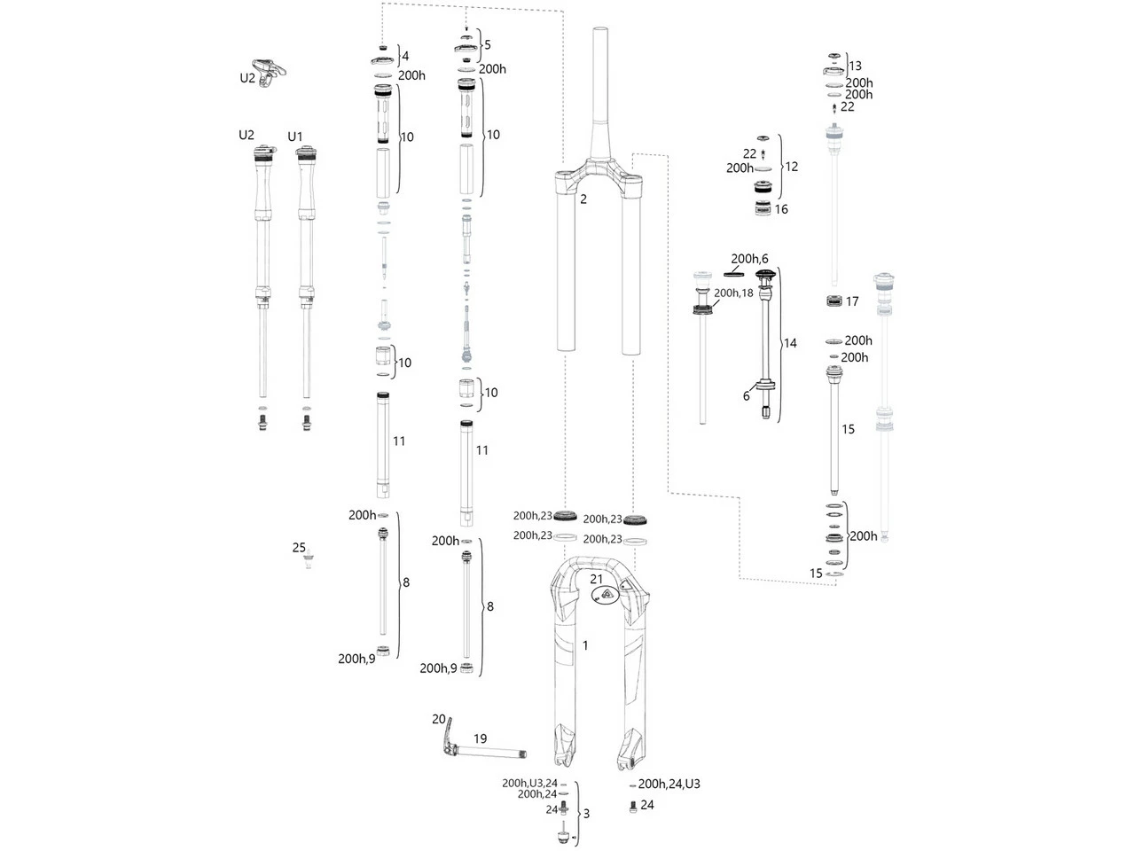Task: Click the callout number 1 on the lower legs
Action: point(585,645)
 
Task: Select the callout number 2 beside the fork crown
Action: point(583,199)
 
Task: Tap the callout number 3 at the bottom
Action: point(586,813)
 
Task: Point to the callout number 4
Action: point(404,56)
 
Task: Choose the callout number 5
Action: point(487,44)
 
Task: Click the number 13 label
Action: point(855,66)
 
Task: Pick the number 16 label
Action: point(781,210)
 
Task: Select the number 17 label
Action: point(852,301)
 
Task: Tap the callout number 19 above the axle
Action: point(480,738)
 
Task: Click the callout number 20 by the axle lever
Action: point(439,719)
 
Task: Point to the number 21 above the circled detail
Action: point(598,578)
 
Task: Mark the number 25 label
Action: point(299,548)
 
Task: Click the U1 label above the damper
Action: point(295,137)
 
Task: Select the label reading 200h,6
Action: point(749,259)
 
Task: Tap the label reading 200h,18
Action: point(733,292)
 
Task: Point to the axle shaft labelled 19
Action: point(492,755)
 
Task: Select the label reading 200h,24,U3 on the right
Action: point(669,784)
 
